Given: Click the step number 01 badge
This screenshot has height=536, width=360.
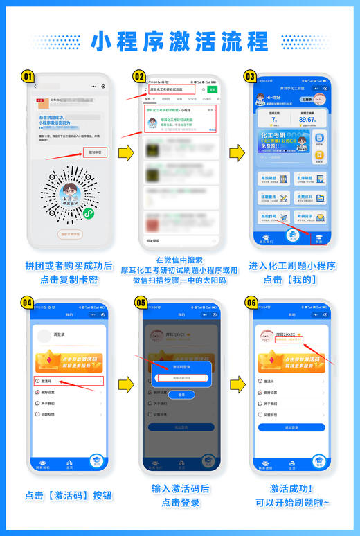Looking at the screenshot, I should (28, 76).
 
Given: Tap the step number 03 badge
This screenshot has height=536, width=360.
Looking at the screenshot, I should (250, 76).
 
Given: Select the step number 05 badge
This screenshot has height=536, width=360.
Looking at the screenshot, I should (140, 303).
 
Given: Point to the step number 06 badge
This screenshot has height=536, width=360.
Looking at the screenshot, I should (250, 303).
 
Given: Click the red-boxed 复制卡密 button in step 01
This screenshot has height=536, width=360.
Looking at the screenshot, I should (95, 151).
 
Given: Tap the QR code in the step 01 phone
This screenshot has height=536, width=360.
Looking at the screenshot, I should (69, 194).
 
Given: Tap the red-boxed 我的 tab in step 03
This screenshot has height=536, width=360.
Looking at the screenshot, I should (319, 238).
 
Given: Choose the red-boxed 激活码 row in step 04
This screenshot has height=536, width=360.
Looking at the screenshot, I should (68, 381).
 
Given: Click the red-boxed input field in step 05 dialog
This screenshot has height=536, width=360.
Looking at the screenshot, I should (181, 377).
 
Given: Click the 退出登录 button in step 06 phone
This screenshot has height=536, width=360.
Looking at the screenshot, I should (291, 427).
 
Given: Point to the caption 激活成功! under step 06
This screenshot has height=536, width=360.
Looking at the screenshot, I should (291, 488).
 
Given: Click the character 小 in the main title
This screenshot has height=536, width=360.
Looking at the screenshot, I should (102, 41).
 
